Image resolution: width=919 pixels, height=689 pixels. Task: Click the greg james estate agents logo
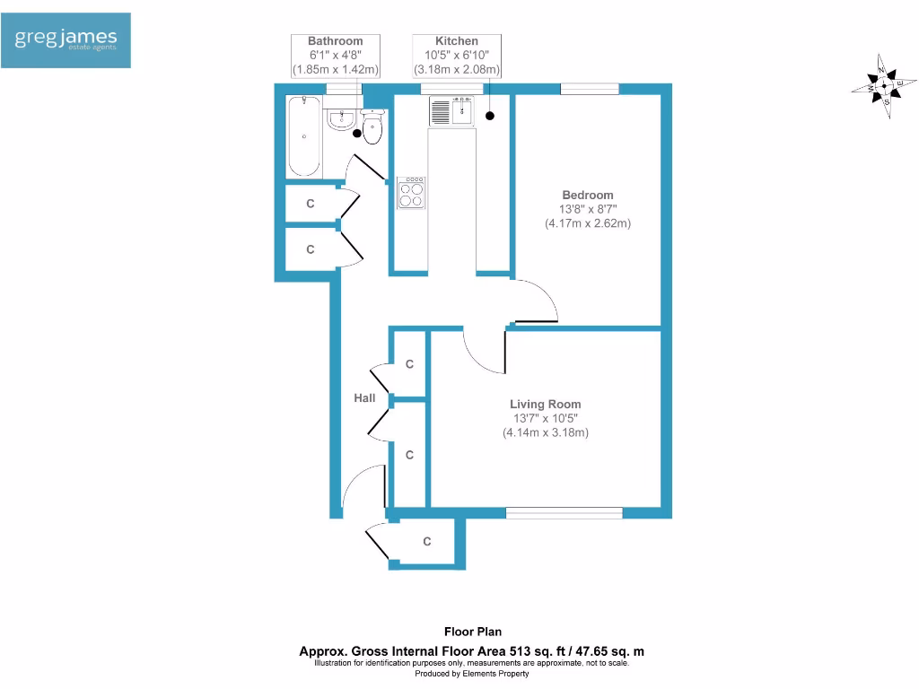click(66, 40)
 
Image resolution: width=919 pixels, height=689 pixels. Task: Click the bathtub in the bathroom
click(303, 136)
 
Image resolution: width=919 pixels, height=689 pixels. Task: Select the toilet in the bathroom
click(372, 127)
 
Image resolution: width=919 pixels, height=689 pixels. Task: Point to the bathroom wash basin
click(342, 119)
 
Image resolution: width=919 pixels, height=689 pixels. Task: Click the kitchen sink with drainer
click(451, 111)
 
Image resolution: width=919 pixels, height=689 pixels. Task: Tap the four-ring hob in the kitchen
click(412, 193)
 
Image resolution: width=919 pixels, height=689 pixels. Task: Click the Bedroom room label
click(588, 195)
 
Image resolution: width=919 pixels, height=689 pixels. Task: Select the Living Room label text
click(546, 404)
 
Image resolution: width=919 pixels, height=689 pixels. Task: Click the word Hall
click(364, 397)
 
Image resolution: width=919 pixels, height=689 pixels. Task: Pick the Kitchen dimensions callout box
click(457, 56)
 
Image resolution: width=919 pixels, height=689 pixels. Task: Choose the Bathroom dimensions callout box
click(336, 56)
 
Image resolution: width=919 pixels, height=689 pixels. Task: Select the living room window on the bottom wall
click(564, 513)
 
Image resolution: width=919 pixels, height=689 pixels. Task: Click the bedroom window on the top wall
click(590, 88)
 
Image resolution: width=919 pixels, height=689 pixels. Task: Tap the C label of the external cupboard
click(427, 542)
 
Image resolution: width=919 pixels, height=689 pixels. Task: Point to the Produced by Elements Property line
click(471, 674)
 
